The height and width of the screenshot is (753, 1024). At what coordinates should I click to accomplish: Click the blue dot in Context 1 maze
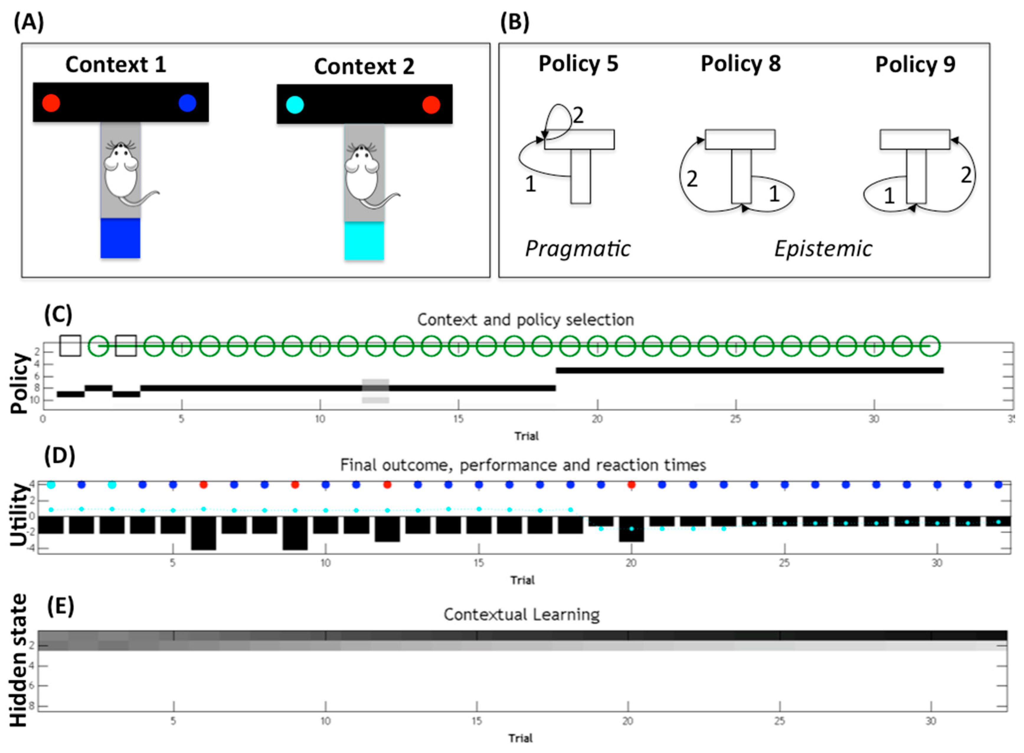pos(187,103)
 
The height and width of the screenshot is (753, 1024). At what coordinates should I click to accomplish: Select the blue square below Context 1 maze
pos(120,238)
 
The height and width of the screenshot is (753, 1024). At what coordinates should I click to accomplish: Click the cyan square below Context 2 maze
pos(364,241)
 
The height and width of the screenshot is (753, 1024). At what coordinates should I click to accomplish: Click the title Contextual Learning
pos(521,615)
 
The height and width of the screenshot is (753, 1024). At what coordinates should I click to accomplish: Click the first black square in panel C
pos(71,345)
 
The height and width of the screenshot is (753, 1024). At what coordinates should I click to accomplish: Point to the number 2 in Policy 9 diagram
pos(965,175)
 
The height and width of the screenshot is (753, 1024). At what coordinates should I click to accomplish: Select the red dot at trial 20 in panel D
pos(631,485)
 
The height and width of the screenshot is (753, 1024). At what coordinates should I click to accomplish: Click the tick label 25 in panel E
pos(780,721)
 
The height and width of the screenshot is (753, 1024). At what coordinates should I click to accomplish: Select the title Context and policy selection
pos(525,320)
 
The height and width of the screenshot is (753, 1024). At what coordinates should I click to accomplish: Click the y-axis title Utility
pos(19,515)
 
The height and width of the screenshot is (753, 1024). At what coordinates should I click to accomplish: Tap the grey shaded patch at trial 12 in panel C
pos(375,390)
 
